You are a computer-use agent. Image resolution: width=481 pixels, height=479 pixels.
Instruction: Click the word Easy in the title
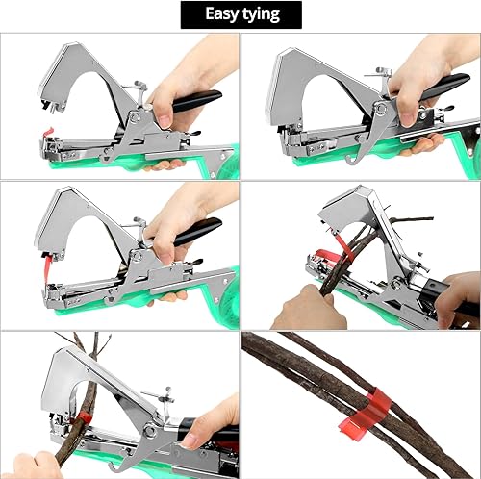point(221,14)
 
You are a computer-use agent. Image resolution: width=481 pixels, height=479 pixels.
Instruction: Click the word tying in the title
point(261,15)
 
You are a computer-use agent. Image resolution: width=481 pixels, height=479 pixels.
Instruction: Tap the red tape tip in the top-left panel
point(48,132)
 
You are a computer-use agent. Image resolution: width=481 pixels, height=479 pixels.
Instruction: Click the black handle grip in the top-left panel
point(196,100)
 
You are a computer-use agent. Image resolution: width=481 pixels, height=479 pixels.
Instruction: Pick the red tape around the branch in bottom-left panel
point(83,417)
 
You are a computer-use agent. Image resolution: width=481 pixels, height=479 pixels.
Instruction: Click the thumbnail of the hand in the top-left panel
point(165,121)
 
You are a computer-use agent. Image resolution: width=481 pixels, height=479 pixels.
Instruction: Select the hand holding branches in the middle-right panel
point(308,308)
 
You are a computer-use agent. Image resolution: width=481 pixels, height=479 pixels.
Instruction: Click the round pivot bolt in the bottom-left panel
point(149,431)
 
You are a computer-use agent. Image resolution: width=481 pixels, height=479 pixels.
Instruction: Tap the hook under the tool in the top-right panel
point(351,160)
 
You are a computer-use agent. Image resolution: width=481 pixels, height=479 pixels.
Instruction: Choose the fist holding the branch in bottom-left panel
point(37,466)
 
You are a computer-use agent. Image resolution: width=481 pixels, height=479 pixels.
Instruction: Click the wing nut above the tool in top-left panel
point(139,86)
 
